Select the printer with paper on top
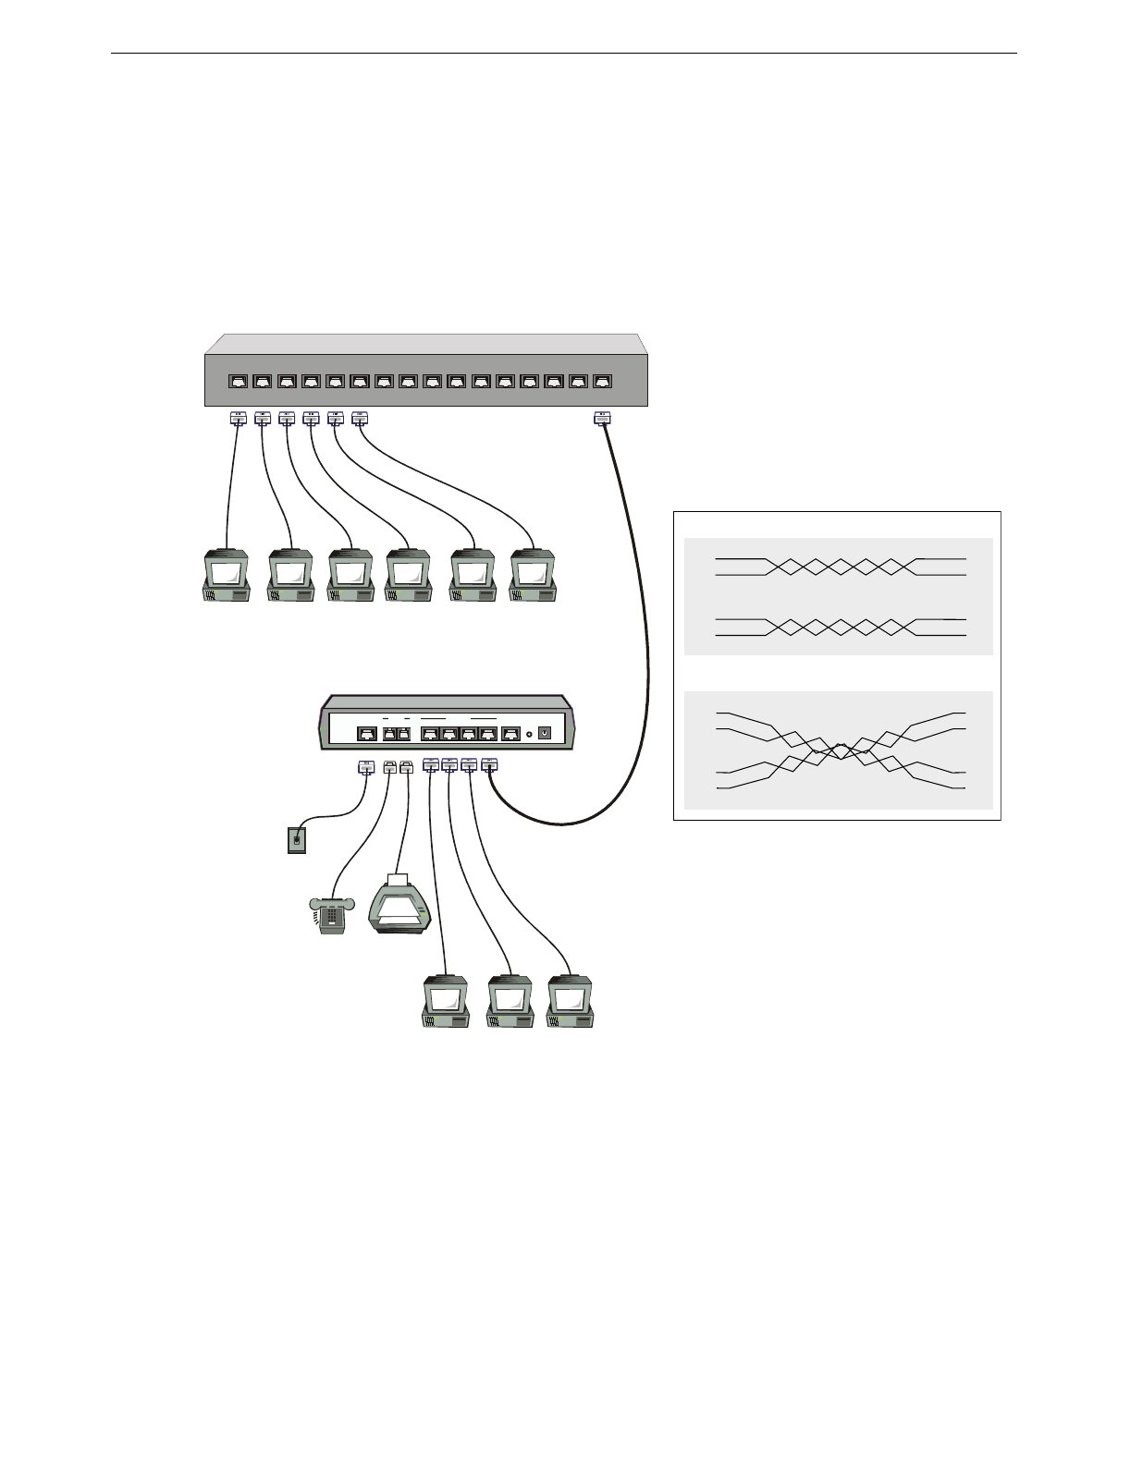[400, 904]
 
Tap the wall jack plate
[296, 840]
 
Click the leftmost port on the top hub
[238, 381]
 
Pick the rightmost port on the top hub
[602, 381]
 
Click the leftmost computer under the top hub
[227, 577]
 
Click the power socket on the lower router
[545, 733]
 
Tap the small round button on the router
[528, 734]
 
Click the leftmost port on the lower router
[366, 734]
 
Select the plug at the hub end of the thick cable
[602, 419]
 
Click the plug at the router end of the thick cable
[489, 765]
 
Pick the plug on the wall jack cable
[365, 766]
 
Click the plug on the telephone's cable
[389, 766]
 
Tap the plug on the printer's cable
[406, 766]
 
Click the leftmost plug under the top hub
[238, 419]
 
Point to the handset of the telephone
[331, 902]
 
